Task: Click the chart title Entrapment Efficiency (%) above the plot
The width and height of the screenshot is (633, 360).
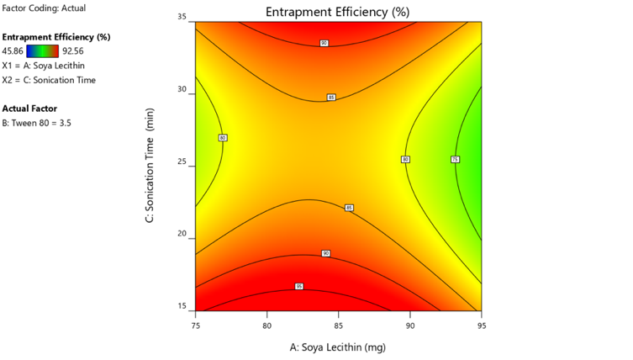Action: pyautogui.click(x=337, y=12)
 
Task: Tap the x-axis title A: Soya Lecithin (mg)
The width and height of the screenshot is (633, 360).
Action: pyautogui.click(x=337, y=346)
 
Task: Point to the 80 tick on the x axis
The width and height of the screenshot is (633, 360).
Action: pyautogui.click(x=267, y=324)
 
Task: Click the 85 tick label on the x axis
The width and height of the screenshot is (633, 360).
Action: pyautogui.click(x=339, y=324)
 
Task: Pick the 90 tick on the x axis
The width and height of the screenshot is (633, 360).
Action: pyautogui.click(x=410, y=324)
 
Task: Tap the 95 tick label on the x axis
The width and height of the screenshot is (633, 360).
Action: pyautogui.click(x=481, y=324)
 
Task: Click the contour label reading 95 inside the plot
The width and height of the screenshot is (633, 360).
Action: pyautogui.click(x=299, y=287)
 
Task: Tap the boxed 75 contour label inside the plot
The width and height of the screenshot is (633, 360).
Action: pyautogui.click(x=456, y=159)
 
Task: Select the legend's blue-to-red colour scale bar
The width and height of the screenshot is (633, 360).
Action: pyautogui.click(x=43, y=50)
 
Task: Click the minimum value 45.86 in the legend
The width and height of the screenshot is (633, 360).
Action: pyautogui.click(x=14, y=50)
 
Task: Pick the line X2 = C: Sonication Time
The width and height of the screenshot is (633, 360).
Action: pyautogui.click(x=50, y=80)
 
